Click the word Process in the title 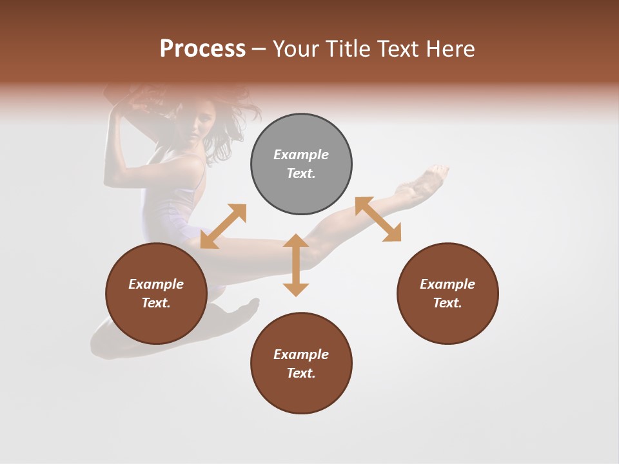pyautogui.click(x=202, y=49)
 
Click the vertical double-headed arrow pyautogui.click(x=296, y=265)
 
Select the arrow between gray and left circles pyautogui.click(x=223, y=226)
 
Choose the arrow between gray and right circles pyautogui.click(x=378, y=220)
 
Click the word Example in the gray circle pyautogui.click(x=301, y=155)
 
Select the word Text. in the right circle pyautogui.click(x=447, y=303)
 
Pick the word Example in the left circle pyautogui.click(x=156, y=284)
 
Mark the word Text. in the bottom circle pyautogui.click(x=301, y=373)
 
